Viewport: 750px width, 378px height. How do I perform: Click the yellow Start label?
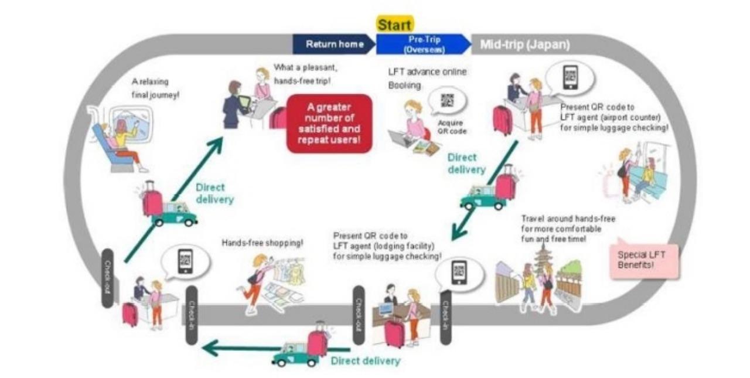coord(394,25)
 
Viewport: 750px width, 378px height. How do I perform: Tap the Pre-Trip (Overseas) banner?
coord(422,45)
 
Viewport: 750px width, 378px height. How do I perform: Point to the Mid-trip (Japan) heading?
coord(524,45)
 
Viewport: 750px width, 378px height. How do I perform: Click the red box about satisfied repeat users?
coord(329,124)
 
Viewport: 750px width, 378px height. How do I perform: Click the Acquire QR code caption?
coord(450,127)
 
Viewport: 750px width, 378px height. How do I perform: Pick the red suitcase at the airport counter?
coord(503,120)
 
